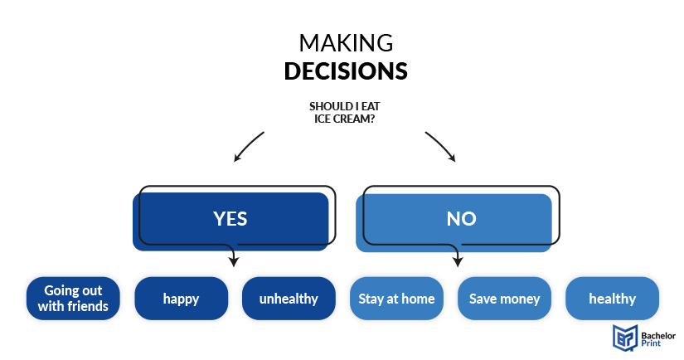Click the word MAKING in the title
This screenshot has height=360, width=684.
[346, 43]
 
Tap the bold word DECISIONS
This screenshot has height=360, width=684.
[346, 71]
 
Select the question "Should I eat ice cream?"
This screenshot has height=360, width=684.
[345, 113]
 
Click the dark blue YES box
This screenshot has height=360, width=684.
[230, 221]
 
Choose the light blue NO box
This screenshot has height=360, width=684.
[454, 222]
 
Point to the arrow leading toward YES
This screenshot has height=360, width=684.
[248, 147]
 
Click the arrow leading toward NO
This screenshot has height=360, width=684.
[441, 146]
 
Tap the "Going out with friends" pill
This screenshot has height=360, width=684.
[73, 299]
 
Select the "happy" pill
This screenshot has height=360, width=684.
[181, 299]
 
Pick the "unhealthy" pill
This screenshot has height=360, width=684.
[289, 299]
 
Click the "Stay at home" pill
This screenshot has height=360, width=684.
[396, 299]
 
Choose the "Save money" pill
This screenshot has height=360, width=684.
[504, 299]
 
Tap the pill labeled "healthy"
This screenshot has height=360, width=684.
[612, 299]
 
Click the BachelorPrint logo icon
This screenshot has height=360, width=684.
[625, 338]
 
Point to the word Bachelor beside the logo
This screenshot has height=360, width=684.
[658, 336]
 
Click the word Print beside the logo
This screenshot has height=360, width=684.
[651, 343]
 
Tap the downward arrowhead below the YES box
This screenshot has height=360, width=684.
[234, 261]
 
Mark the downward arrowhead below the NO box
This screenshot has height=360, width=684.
[458, 261]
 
